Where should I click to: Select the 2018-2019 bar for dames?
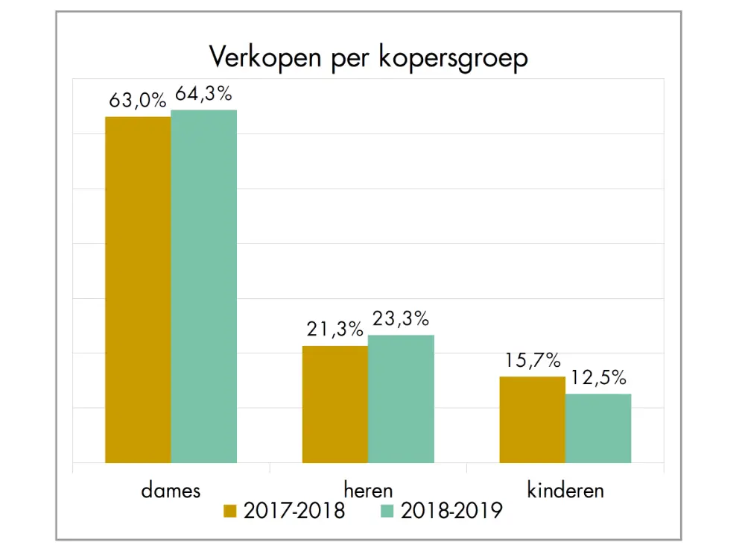coord(203,286)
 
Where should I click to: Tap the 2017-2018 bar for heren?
coord(335,404)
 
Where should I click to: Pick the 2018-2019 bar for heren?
coord(401,399)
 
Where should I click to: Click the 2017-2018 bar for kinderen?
coord(532,420)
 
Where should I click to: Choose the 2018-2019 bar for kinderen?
coord(598,428)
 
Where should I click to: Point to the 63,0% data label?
coord(138,101)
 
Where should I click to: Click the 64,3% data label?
coord(203,94)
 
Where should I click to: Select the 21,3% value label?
coord(335,330)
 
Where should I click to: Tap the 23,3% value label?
coord(401,319)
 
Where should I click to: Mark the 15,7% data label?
coord(532,361)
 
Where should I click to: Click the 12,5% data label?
coord(598,378)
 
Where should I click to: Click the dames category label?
coord(171,490)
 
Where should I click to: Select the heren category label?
coord(368,490)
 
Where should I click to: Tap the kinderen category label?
coord(565,490)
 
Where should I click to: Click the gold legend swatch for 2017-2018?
coord(230,512)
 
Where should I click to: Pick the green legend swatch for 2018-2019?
coord(387,512)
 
